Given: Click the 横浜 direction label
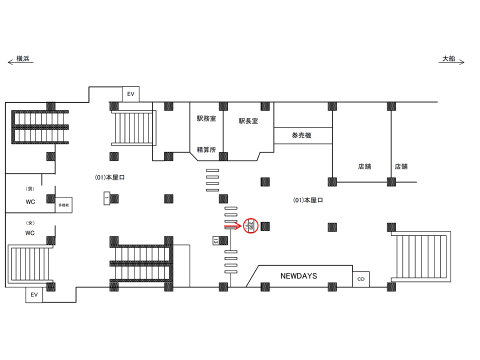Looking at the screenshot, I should [x=23, y=58].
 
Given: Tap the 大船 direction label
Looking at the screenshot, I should [x=448, y=58].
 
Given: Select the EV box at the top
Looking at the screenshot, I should [x=130, y=93].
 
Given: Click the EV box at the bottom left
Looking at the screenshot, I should [x=34, y=295].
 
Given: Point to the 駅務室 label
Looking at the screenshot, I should [x=206, y=119].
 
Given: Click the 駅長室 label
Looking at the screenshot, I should [x=248, y=120].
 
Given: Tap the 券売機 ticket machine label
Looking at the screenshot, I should [x=301, y=135].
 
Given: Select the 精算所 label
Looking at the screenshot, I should [x=206, y=149].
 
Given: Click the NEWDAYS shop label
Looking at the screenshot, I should [x=298, y=276].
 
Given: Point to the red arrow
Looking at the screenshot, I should [x=232, y=226].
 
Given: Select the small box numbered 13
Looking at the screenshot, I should [x=215, y=240].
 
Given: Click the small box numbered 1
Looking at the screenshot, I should [x=106, y=198].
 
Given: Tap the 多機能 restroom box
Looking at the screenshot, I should [x=63, y=205].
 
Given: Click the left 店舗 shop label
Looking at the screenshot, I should [x=364, y=166].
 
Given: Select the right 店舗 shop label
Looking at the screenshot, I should [x=401, y=166].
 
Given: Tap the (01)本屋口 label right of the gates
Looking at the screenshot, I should [x=307, y=200].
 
